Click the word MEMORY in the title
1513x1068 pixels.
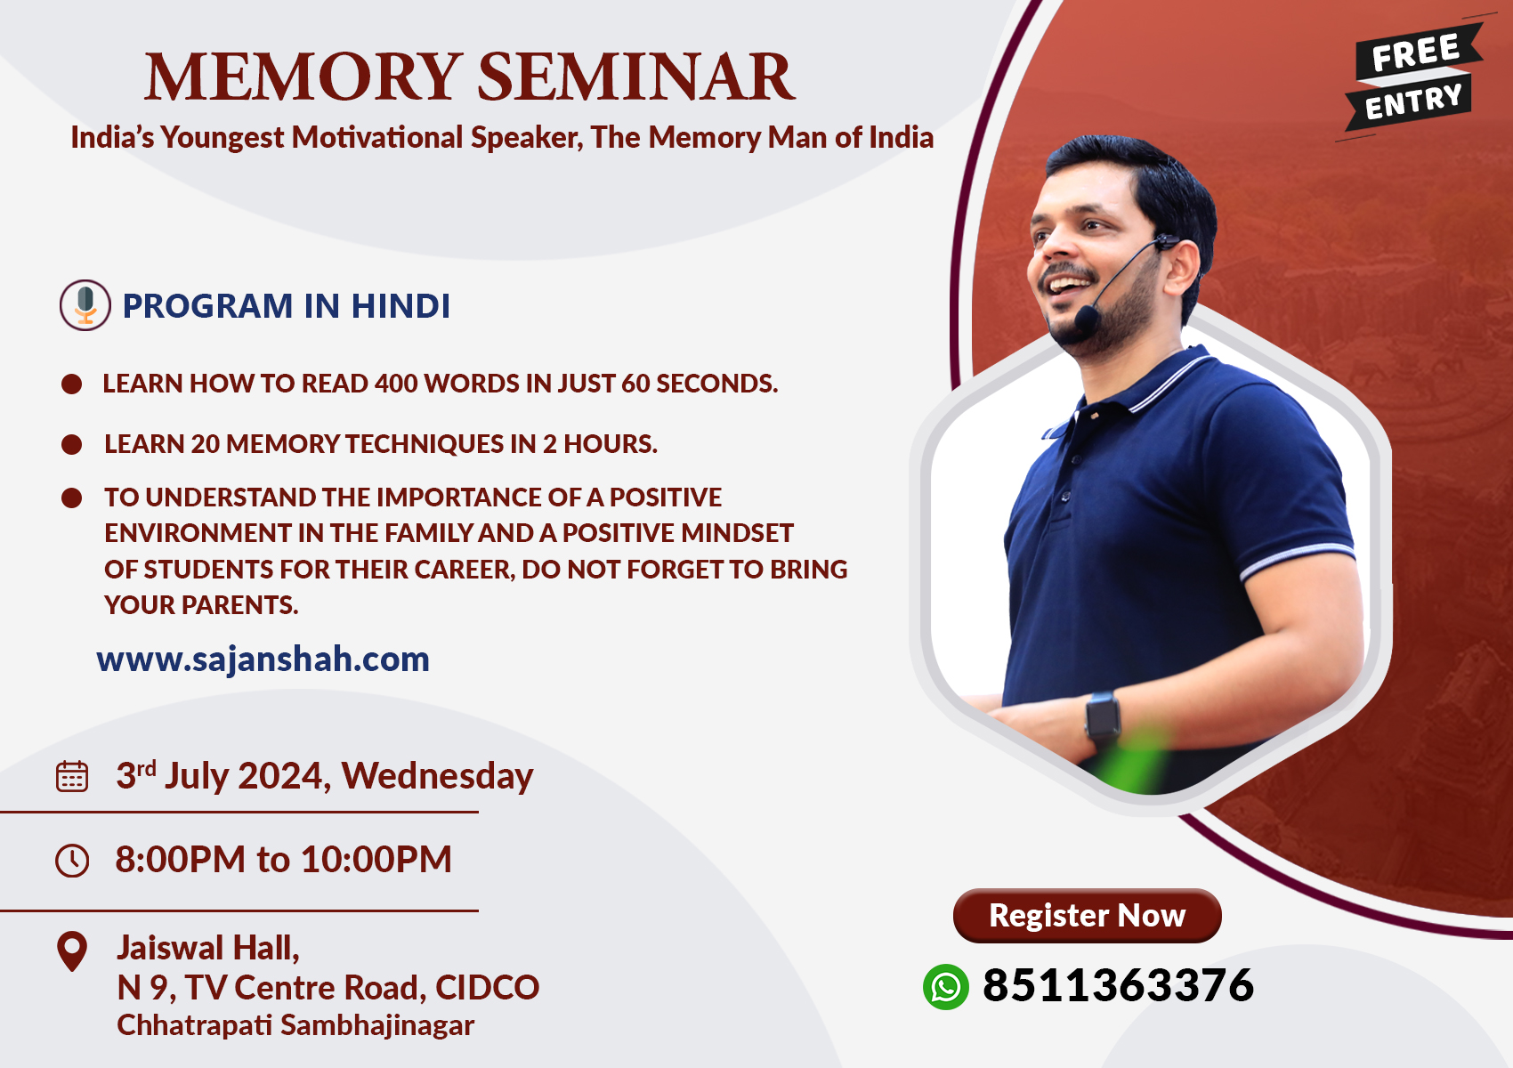point(301,77)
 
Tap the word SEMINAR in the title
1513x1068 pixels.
point(636,77)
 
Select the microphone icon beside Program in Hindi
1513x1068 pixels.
point(85,305)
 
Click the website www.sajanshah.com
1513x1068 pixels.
point(263,659)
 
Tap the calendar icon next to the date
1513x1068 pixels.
point(71,776)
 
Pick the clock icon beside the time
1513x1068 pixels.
point(71,860)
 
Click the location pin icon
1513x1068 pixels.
point(72,951)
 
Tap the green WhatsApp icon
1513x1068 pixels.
point(945,987)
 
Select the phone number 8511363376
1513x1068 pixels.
point(1118,985)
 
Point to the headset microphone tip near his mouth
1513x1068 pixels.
point(1087,318)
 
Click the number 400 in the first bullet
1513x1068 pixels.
point(396,384)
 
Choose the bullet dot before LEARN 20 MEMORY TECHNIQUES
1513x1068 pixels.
point(71,444)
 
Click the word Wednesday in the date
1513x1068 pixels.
point(437,776)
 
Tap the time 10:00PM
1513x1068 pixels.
point(376,860)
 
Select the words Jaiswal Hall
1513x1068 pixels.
point(208,949)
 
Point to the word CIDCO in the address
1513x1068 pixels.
point(487,988)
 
